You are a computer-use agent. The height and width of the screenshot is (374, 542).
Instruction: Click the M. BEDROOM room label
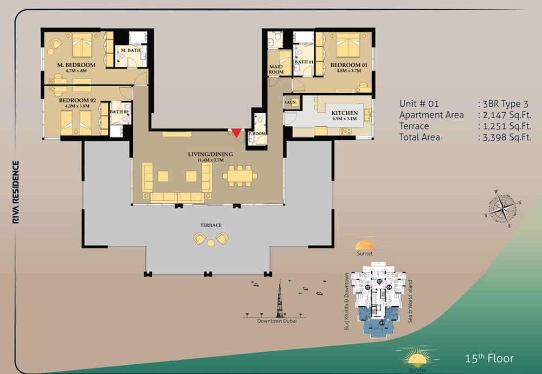point(76,65)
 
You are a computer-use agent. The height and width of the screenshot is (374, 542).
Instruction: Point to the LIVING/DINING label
point(211,154)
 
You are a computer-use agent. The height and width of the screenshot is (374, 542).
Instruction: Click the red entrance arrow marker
point(236,132)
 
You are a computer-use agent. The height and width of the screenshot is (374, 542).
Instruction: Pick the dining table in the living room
point(237,175)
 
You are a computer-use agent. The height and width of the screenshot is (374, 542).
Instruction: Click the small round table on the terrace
point(211,243)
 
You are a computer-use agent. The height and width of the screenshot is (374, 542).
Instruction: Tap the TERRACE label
point(210,225)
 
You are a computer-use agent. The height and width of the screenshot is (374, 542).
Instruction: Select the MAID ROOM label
point(276,69)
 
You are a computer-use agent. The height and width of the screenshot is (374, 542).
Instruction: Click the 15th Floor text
point(489,358)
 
